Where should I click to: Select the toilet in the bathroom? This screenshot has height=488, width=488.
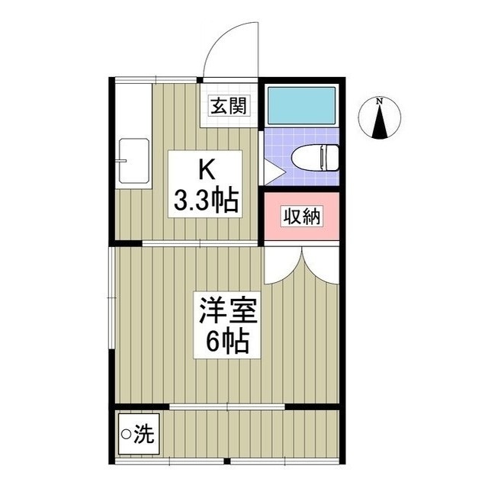[x=314, y=158]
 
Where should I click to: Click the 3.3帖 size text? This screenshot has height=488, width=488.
[x=205, y=201]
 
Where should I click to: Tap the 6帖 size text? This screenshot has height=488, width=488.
[x=228, y=344]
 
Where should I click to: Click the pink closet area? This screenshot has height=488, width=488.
[x=301, y=217]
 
